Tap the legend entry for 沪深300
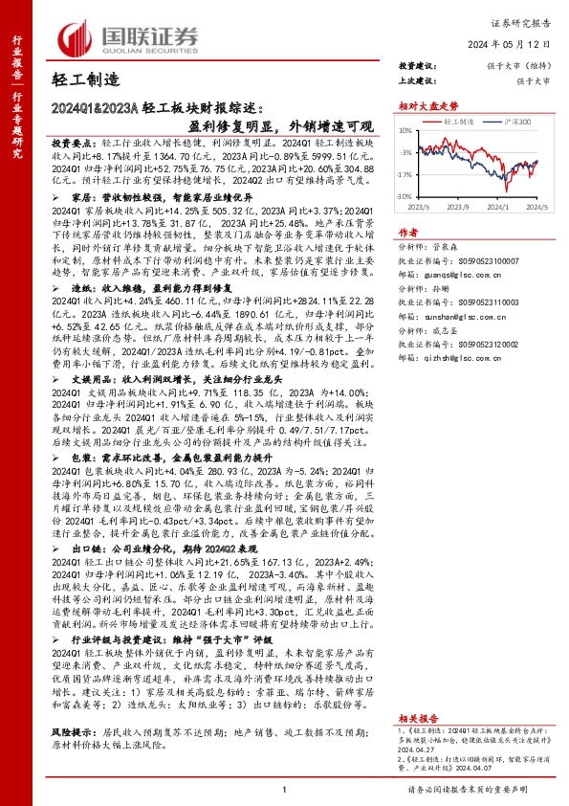pos(497,123)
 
